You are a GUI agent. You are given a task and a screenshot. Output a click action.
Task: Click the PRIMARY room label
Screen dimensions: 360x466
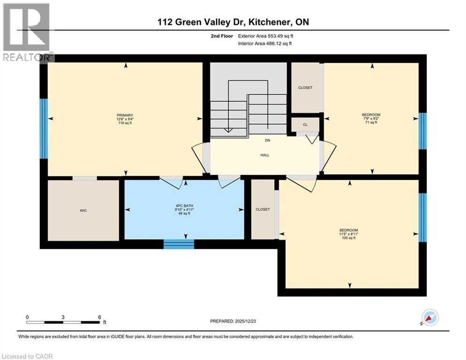click(x=126, y=119)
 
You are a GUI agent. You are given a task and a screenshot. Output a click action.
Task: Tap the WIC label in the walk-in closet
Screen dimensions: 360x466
click(x=83, y=210)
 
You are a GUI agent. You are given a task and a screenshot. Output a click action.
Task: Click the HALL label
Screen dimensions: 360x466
click(x=265, y=155)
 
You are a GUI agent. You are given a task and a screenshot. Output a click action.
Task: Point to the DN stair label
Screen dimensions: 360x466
click(x=267, y=140)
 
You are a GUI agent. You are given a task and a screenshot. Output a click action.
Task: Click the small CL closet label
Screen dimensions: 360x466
click(x=305, y=125)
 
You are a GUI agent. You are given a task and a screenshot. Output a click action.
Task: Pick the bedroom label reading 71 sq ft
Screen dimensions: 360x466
click(x=371, y=119)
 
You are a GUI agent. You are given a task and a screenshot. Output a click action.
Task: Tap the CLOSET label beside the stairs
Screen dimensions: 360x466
click(x=305, y=88)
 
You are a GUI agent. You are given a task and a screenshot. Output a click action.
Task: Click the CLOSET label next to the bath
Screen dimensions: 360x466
click(x=263, y=210)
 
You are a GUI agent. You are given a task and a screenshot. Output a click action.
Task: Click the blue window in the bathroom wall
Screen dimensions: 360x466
click(x=178, y=244)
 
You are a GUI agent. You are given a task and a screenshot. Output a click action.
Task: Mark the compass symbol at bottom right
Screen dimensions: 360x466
click(x=429, y=318)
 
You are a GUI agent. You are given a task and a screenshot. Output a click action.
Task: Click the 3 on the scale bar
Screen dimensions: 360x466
click(x=63, y=317)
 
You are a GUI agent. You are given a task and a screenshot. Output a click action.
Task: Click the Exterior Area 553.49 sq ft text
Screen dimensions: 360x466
click(x=266, y=36)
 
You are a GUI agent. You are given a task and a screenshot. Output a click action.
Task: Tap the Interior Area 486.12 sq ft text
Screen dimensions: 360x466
click(x=265, y=44)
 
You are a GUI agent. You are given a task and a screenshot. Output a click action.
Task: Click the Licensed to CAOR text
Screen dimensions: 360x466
click(x=27, y=356)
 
